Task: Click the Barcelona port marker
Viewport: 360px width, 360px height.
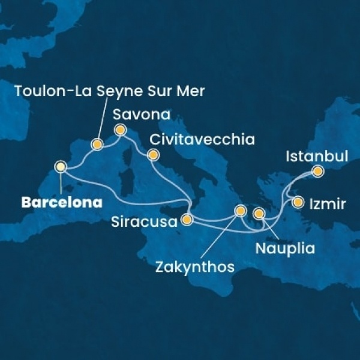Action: (61, 166)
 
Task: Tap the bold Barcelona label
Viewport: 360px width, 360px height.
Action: (61, 203)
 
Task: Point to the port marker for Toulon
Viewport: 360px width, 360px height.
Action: (97, 144)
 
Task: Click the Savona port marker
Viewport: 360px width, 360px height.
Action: (119, 129)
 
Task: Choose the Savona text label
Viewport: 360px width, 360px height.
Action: (141, 114)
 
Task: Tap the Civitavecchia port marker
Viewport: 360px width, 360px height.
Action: (152, 155)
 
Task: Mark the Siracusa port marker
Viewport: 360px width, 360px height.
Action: (187, 220)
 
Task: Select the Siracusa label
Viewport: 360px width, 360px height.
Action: (145, 222)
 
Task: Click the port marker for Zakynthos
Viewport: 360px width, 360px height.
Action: (240, 210)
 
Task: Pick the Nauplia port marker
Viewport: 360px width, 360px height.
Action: (259, 213)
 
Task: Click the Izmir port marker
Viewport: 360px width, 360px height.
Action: (298, 202)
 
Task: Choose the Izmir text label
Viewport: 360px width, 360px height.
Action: (328, 204)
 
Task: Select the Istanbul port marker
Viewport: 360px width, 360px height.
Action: (317, 172)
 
